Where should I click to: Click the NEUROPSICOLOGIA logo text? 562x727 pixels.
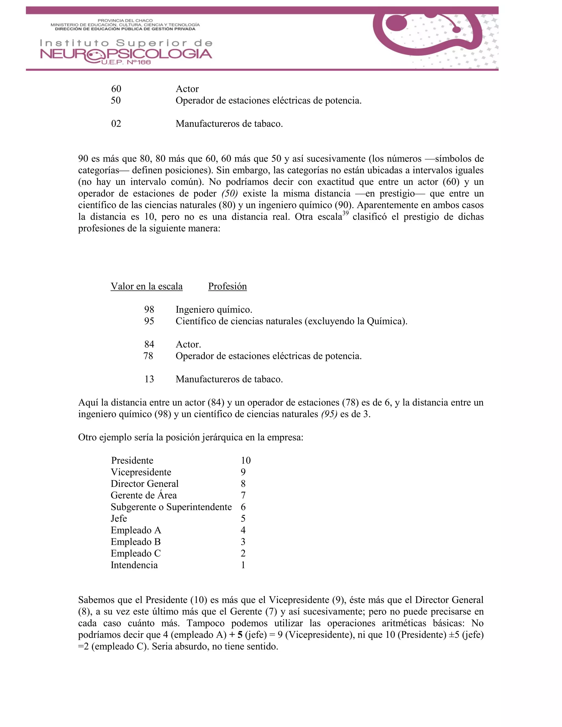pos(126,54)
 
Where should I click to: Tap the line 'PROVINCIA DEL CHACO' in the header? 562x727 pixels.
pos(125,21)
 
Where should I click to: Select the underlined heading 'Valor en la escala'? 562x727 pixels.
pos(147,286)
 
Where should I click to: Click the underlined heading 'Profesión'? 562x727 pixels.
pos(227,286)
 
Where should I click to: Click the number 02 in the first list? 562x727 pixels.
pos(116,124)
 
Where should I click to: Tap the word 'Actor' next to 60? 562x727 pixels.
pos(187,89)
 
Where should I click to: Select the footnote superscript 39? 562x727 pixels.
pos(345,213)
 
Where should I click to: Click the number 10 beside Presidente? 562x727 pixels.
pos(245,460)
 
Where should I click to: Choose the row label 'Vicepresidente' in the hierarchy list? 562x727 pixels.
pos(141,472)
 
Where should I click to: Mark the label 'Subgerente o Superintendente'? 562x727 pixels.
pos(171,507)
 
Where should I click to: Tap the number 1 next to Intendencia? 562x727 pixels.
pos(243,565)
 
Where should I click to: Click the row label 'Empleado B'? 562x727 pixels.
pos(136,542)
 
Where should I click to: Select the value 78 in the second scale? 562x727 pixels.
pos(148,356)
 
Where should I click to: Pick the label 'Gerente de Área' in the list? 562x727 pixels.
pos(144,495)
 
